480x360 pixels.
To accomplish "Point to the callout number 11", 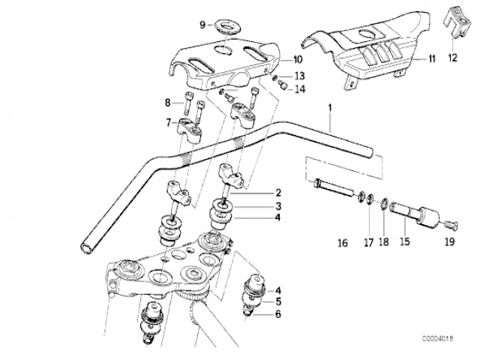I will pos(432,58).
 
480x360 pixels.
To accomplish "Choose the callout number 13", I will pos(300,76).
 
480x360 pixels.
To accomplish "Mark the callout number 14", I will pos(300,89).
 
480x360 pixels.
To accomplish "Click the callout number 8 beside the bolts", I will pos(169,103).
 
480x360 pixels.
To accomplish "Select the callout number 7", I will pos(169,122).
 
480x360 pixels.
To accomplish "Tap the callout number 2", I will pos(256,193).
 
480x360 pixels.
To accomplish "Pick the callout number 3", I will pos(256,206).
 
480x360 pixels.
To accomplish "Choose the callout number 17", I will pos(368,244).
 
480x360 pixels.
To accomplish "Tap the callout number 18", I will pos(384,244).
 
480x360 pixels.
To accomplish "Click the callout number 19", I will pos(450,244).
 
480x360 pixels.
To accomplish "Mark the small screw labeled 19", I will pos(451,223).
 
